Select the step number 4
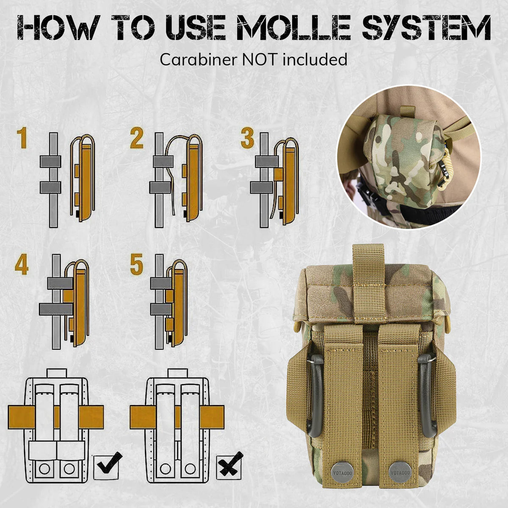(x=22, y=265)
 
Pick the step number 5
(x=136, y=265)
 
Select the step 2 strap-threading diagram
(x=174, y=180)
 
